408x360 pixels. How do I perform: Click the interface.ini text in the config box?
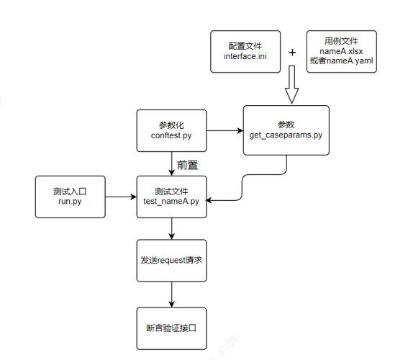(245, 56)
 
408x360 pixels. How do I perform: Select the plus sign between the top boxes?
(292, 53)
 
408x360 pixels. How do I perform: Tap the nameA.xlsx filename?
(342, 51)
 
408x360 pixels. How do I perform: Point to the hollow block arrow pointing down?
(291, 85)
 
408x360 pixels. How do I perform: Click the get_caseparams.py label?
(286, 135)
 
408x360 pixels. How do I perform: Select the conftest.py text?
(171, 135)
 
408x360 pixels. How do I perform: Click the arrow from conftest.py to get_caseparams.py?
(224, 130)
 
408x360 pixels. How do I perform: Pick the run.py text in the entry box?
(70, 201)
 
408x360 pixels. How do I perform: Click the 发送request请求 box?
(171, 260)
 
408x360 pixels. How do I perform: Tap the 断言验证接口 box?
(171, 328)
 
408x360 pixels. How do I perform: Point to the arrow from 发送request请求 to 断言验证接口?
(171, 294)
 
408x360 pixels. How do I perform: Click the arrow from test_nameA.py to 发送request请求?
(171, 229)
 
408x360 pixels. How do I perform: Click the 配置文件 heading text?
(245, 46)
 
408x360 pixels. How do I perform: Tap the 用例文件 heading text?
(342, 42)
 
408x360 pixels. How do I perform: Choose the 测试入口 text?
(70, 192)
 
